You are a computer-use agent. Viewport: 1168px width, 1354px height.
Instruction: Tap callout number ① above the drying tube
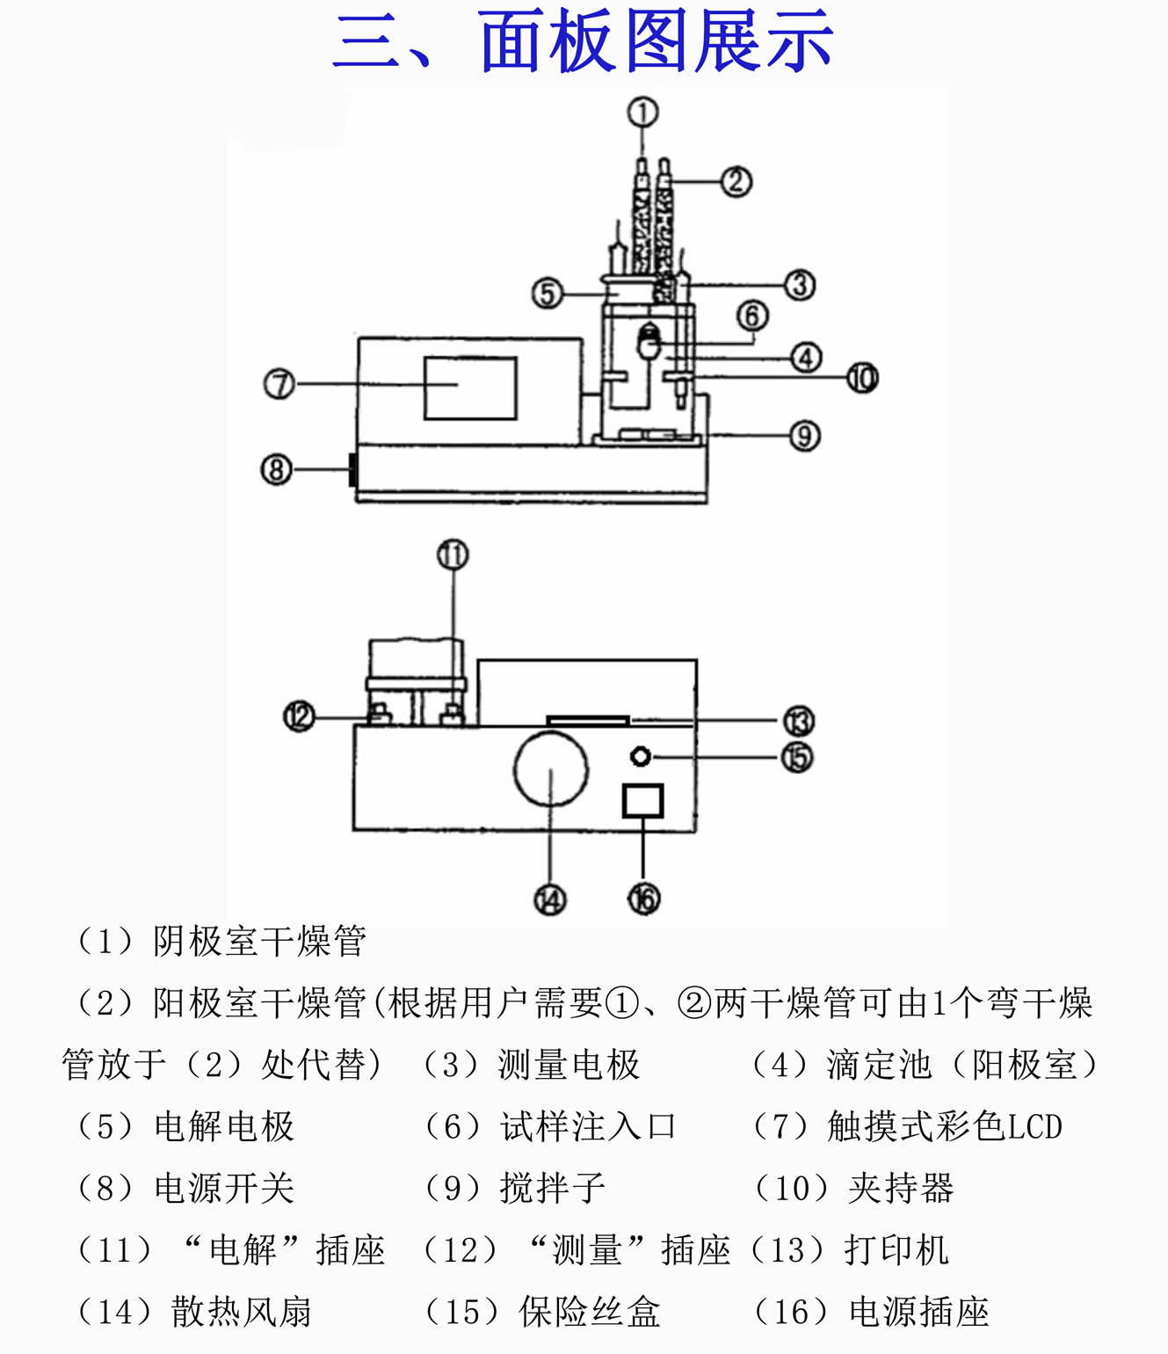coord(642,113)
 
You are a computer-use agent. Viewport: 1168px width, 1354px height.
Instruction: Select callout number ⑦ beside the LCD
coord(279,384)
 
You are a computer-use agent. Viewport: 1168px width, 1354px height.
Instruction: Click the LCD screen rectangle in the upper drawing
coord(470,388)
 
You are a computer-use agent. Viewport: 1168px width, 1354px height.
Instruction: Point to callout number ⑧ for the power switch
coord(276,469)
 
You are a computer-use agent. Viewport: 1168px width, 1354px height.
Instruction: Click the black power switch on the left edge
coord(352,469)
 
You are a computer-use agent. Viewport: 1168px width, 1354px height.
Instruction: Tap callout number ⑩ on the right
coord(862,378)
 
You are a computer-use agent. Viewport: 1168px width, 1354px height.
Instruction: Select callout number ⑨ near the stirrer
coord(804,435)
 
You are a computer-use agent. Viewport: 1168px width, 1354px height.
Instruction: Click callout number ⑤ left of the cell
coord(547,294)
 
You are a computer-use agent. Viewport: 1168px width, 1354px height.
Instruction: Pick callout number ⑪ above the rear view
coord(453,555)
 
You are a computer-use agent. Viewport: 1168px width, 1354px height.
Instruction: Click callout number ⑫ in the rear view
coord(299,717)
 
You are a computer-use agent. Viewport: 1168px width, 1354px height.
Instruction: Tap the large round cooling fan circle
coord(551,769)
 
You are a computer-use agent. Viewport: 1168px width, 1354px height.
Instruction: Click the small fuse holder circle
coord(642,756)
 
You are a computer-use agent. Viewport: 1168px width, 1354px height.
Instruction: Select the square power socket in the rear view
coord(642,800)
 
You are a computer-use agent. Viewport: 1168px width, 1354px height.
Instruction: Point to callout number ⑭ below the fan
coord(550,899)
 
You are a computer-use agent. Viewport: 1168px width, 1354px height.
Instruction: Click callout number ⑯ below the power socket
coord(643,899)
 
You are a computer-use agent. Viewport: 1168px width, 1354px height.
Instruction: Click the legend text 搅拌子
coord(553,1189)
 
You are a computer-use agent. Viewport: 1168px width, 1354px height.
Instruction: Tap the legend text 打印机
coord(896,1250)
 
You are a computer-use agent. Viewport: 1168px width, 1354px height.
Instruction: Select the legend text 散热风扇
coord(242,1312)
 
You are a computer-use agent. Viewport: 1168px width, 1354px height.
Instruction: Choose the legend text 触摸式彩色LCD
coord(945,1127)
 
